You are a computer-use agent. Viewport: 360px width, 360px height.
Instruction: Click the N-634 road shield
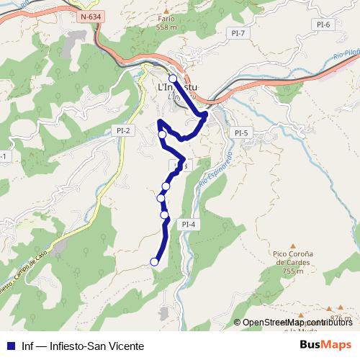pos(91,16)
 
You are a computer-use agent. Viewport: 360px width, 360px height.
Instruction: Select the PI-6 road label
pos(323,24)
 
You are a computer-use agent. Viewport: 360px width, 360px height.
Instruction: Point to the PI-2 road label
pos(122,130)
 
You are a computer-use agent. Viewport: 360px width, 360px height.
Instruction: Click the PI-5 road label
pos(241,132)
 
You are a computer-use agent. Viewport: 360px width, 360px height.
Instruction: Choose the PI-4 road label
pos(189,224)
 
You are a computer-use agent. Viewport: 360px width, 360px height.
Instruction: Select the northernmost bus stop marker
pos(172,78)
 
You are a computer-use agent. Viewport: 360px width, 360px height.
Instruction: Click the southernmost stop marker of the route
pos(153,261)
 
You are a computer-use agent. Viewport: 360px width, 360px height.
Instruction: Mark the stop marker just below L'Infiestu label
pos(162,135)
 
